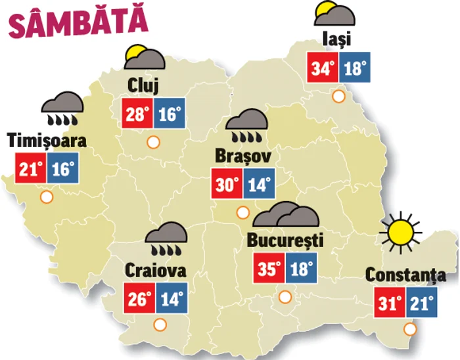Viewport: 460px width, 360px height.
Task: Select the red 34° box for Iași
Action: tap(323, 68)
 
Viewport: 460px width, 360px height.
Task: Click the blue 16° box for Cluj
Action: tap(169, 114)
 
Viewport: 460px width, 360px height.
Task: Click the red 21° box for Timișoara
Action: tap(30, 169)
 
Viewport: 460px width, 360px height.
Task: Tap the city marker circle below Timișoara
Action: tap(46, 196)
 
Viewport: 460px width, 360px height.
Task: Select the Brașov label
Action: tap(242, 155)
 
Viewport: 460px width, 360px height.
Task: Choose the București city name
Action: tap(286, 240)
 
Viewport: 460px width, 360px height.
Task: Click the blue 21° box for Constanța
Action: tap(421, 303)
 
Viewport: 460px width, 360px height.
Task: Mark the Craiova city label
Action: tap(156, 270)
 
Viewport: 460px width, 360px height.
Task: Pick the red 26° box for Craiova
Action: tap(139, 299)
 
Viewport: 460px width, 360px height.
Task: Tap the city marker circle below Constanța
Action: tap(411, 329)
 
